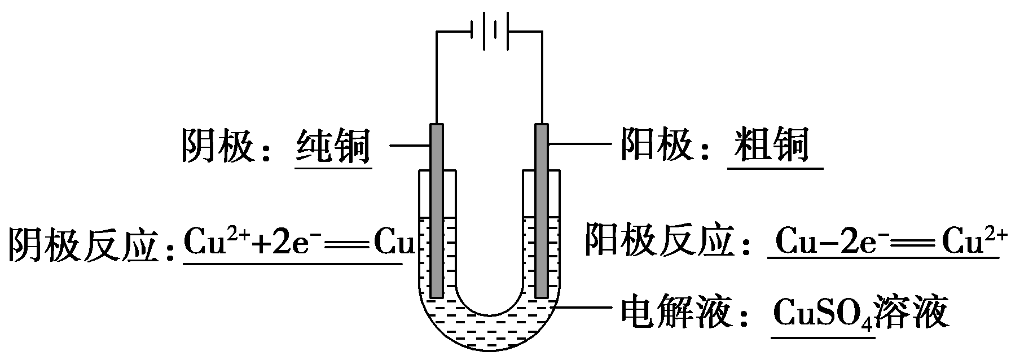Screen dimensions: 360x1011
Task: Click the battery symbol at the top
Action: click(x=489, y=30)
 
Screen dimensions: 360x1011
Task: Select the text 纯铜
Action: click(x=333, y=146)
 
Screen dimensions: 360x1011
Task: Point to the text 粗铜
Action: click(x=773, y=145)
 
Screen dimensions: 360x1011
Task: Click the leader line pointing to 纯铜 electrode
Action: click(x=410, y=146)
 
